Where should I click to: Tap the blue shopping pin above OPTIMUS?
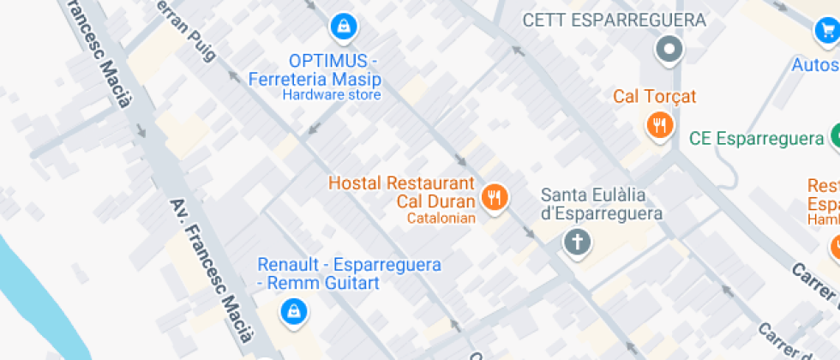(x=344, y=27)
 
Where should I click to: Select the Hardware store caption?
(x=332, y=95)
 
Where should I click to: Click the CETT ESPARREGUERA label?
(x=614, y=20)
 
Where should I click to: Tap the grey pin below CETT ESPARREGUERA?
(x=669, y=49)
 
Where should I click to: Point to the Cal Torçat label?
(x=655, y=96)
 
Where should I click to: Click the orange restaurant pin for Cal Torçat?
(x=658, y=126)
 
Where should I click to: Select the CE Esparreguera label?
(x=757, y=138)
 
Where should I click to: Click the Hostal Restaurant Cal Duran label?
(x=401, y=193)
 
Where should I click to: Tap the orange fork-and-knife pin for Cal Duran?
(x=495, y=198)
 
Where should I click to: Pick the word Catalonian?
(x=441, y=219)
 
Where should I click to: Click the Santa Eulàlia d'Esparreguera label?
(x=602, y=204)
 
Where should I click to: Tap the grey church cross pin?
(x=578, y=242)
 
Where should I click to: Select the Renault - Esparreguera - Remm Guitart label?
(x=349, y=273)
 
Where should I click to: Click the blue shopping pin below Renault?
(x=293, y=311)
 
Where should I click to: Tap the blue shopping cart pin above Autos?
(x=827, y=32)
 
